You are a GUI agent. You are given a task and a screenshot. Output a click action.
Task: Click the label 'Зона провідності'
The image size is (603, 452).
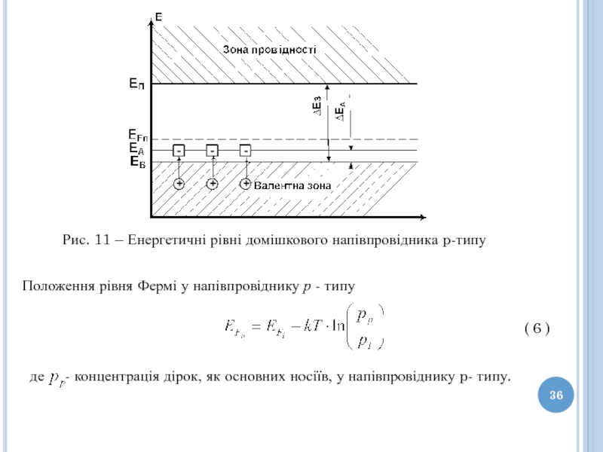(269, 49)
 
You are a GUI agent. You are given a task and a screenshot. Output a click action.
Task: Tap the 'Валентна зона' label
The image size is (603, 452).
(292, 185)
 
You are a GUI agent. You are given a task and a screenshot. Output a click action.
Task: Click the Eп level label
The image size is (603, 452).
(136, 86)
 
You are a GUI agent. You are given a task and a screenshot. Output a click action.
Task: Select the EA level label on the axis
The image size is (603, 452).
(136, 149)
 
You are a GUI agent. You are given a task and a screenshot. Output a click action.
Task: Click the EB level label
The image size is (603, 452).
(136, 161)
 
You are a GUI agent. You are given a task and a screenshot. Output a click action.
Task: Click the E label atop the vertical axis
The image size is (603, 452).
(159, 16)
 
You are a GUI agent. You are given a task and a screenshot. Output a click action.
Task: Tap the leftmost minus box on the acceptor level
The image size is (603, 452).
(179, 151)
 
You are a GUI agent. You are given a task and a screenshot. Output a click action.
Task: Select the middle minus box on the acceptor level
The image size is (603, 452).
(212, 151)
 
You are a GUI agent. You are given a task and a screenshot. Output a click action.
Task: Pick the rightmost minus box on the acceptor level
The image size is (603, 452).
(245, 151)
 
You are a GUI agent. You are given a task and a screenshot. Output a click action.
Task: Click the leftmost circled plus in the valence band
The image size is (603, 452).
(179, 184)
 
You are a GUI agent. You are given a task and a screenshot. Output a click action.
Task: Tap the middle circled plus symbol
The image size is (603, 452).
(212, 184)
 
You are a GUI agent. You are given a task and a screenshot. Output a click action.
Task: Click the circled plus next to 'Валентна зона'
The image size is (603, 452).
(245, 184)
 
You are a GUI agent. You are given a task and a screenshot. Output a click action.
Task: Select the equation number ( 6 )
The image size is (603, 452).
(537, 328)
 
